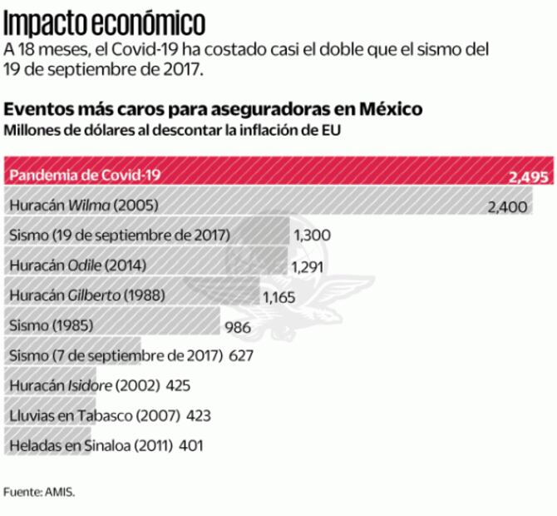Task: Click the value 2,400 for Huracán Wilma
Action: (507, 206)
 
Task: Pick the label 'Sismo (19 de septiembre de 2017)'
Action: (120, 235)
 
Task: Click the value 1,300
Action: (313, 236)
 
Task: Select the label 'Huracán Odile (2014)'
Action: (77, 265)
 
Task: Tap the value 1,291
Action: (308, 267)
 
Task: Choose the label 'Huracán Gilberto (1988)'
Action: (87, 295)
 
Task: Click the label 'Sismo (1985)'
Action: (51, 325)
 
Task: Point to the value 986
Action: (238, 327)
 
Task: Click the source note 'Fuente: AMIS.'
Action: (39, 492)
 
